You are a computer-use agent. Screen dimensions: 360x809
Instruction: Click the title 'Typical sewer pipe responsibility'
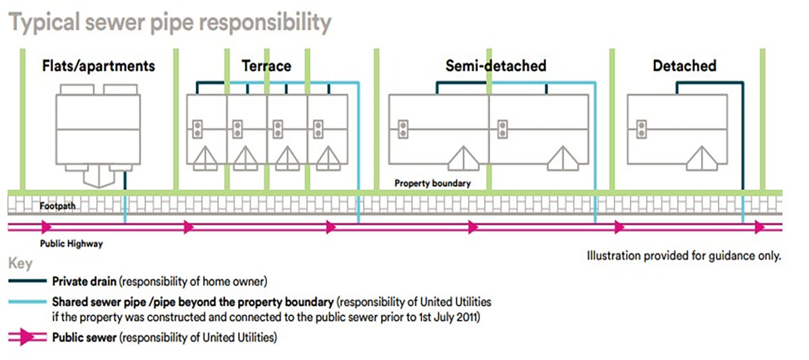170,23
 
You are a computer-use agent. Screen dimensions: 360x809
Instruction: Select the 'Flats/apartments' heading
98,65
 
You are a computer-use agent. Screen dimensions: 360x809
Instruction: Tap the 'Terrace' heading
266,65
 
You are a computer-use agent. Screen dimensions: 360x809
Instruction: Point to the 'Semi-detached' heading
496,65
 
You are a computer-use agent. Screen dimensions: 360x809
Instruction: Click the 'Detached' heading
684,65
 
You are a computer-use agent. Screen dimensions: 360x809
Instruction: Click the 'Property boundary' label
432,183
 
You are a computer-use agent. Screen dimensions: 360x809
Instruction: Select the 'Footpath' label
57,206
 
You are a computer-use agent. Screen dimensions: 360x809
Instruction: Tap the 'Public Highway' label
71,244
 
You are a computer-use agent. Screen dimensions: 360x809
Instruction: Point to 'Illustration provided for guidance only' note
684,256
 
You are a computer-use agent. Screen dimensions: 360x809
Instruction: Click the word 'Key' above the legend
20,264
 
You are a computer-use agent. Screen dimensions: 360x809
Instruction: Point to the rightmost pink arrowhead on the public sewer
760,227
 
